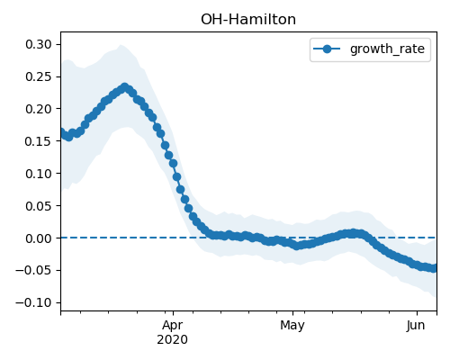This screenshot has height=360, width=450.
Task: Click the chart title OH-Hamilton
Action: [x=248, y=20]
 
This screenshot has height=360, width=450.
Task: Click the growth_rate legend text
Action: [x=387, y=49]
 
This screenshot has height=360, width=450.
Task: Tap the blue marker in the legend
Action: [x=327, y=49]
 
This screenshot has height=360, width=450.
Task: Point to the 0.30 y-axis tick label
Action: [x=39, y=44]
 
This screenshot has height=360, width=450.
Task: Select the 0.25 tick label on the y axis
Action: [x=39, y=76]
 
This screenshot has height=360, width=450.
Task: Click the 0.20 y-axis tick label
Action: [x=39, y=109]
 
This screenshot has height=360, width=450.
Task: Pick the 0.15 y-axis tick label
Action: [x=39, y=141]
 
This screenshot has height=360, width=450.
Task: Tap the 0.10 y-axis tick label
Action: [x=39, y=174]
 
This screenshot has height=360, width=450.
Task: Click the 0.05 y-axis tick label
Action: [x=39, y=206]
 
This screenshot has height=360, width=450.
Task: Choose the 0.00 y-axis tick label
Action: [x=39, y=238]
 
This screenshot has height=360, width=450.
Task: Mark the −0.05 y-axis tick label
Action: [x=34, y=270]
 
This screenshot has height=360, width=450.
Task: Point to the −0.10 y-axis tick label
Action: [x=34, y=302]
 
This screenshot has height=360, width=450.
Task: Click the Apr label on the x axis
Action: [x=173, y=326]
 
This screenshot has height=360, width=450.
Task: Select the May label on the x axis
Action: [x=292, y=326]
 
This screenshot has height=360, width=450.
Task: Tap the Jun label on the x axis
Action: [x=416, y=326]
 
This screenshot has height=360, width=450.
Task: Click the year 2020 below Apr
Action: [x=173, y=339]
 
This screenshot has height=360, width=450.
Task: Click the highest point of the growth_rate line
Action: [x=125, y=87]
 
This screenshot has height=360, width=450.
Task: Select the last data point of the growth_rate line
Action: [x=434, y=268]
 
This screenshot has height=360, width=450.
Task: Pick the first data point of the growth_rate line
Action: [x=62, y=132]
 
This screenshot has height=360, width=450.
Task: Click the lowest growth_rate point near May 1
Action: [x=297, y=246]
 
